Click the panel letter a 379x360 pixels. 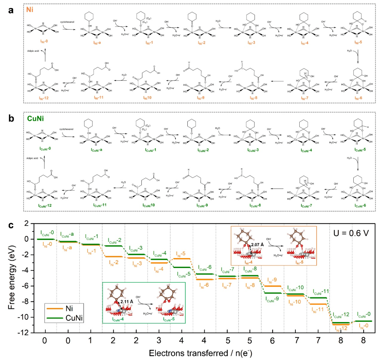point(11,10)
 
